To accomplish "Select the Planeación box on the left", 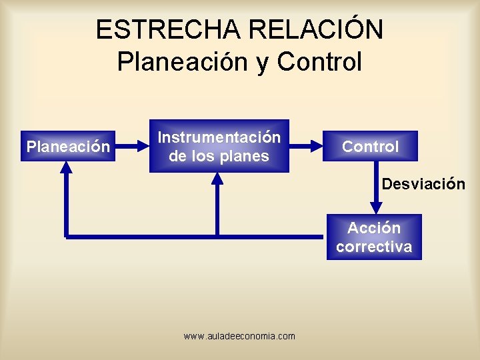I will tap(67, 147).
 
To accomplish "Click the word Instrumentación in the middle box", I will tap(219, 137).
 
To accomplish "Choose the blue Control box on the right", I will tap(370, 147).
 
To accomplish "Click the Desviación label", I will tap(423, 184).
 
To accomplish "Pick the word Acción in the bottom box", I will tap(374, 228).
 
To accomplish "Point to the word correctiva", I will tap(374, 247).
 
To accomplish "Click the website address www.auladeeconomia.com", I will tap(239, 336).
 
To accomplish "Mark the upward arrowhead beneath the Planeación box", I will tap(67, 170).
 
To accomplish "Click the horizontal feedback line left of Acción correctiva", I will tap(200, 236).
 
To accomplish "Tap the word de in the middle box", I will tap(177, 157).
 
